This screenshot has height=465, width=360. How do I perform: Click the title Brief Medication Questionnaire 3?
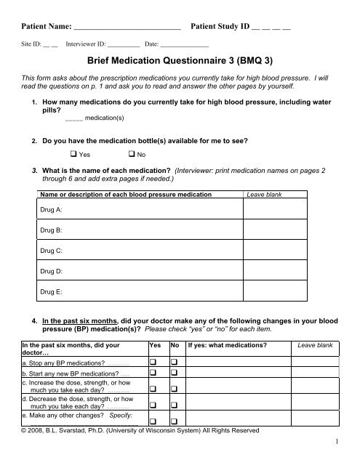click(180, 62)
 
